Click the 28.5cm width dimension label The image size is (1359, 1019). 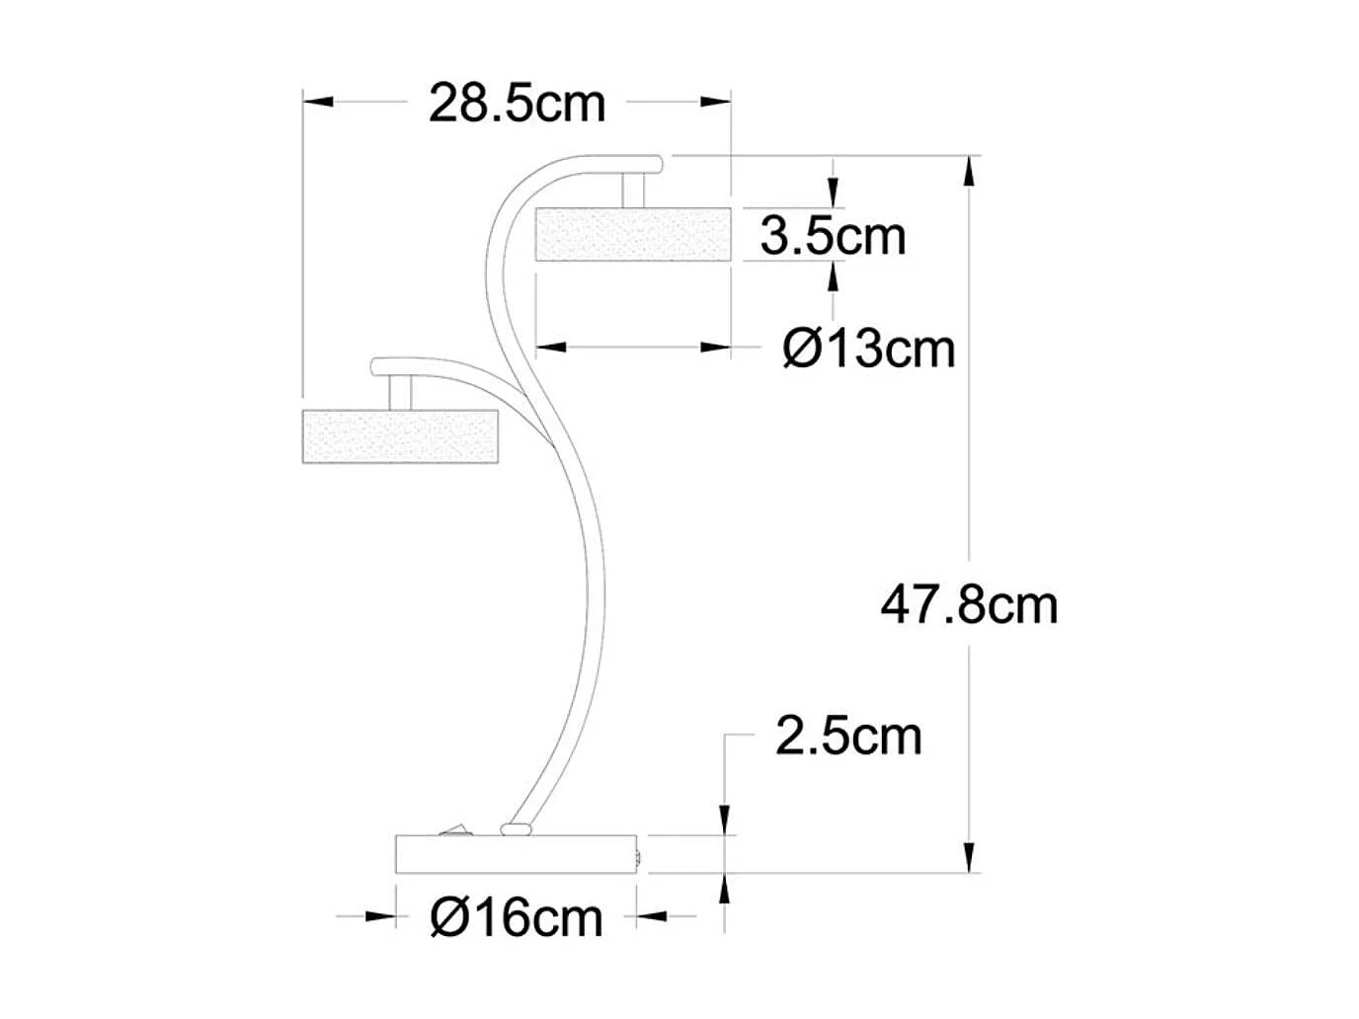[517, 104]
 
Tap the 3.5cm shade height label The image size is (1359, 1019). [833, 236]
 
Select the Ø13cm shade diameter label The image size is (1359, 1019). [869, 349]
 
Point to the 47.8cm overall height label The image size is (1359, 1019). [969, 604]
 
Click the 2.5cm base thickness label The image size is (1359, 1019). [848, 737]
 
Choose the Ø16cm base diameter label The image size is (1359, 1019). [517, 918]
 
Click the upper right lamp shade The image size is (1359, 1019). [632, 234]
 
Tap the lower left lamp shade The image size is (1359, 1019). [400, 435]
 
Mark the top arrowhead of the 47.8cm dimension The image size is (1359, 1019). [970, 172]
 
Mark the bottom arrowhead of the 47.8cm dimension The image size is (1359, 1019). [970, 855]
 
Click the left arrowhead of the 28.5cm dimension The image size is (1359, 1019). [319, 101]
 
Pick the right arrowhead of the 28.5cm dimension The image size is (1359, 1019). [715, 101]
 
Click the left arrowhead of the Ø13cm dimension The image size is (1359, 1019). [551, 347]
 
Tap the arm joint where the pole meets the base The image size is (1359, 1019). [514, 827]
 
